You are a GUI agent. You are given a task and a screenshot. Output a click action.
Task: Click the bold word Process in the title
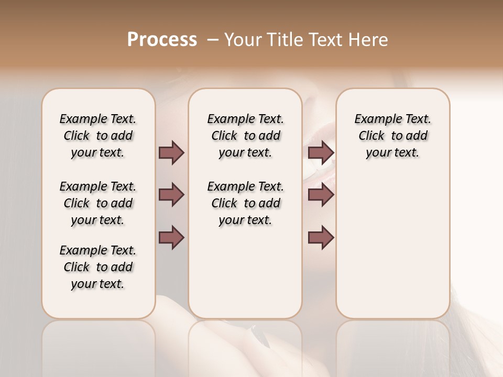point(162,40)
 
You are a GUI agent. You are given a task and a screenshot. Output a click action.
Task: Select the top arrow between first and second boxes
point(171,153)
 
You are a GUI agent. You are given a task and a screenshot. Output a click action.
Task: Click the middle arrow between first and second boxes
point(171,195)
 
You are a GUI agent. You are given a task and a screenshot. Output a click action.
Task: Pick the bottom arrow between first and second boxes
point(171,237)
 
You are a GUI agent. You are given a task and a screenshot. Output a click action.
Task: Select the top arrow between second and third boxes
point(321,153)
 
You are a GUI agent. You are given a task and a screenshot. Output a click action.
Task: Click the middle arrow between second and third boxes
point(321,195)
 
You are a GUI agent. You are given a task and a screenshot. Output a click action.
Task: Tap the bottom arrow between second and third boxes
point(321,237)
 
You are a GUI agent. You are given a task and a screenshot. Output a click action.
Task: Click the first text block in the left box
point(98,136)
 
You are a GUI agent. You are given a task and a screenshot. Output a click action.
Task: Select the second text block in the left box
point(98,203)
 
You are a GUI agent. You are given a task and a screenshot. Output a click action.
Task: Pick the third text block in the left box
point(98,267)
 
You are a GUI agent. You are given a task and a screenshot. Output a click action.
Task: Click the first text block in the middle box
point(245,136)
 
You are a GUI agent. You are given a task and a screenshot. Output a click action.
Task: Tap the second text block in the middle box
point(245,203)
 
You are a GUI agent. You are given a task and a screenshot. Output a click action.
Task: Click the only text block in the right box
point(392,136)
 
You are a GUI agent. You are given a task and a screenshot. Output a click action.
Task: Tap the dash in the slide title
point(213,40)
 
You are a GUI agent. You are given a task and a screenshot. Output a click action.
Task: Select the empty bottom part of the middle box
point(245,278)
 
